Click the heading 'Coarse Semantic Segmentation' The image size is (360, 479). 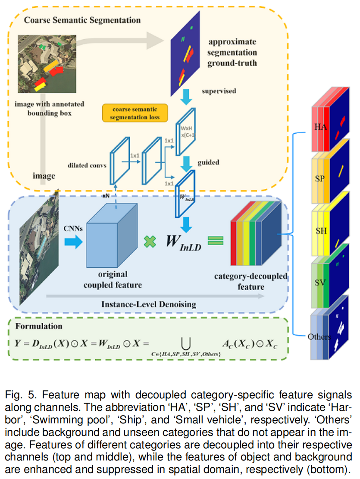click(82, 20)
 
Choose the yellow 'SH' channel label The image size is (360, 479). click(321, 231)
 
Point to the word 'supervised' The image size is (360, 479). click(219, 91)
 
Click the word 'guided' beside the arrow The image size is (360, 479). click(209, 163)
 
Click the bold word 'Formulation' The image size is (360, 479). click(39, 326)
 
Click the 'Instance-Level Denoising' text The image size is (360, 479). click(148, 304)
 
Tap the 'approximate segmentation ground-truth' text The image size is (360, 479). click(232, 53)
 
